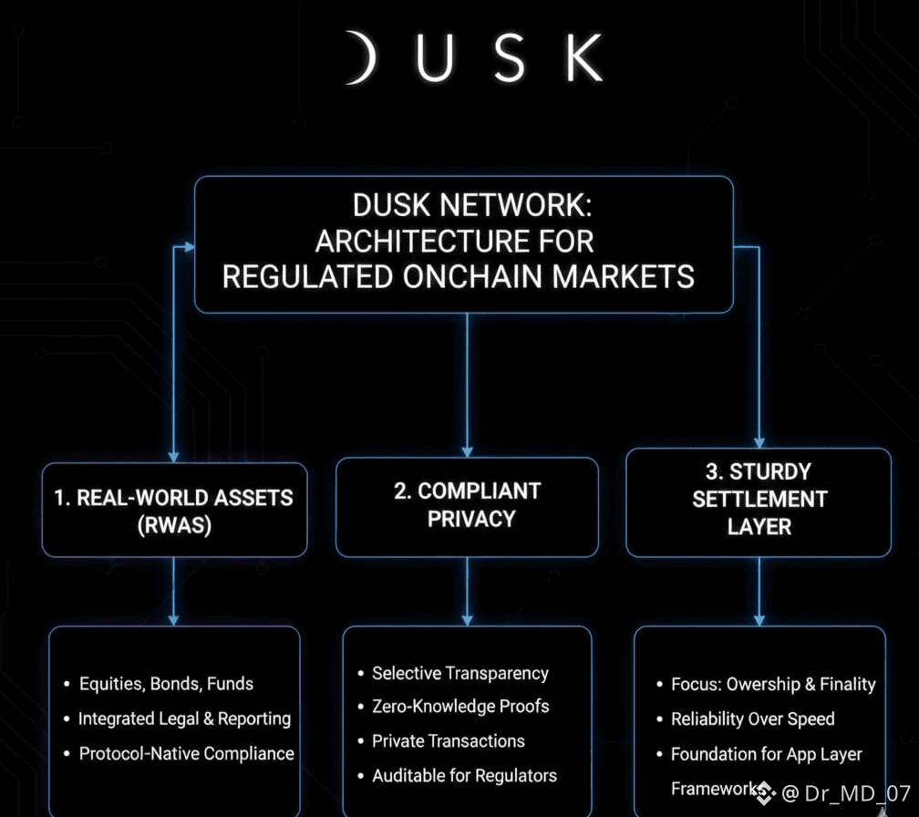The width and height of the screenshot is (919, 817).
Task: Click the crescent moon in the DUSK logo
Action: point(366,57)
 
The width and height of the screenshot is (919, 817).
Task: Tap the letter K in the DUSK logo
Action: point(584,57)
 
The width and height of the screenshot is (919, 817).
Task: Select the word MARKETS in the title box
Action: point(623,276)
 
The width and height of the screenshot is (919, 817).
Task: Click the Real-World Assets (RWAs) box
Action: point(175,510)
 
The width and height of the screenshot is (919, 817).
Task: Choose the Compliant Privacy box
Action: point(467,506)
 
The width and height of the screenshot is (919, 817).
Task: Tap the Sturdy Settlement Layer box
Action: point(759,502)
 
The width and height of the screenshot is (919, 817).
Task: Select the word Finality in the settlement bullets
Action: point(848,684)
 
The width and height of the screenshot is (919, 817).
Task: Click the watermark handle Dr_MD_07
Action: point(857,793)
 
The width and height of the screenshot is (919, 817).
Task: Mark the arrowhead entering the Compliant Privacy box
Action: point(467,451)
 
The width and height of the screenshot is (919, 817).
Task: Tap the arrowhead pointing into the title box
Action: point(190,247)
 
